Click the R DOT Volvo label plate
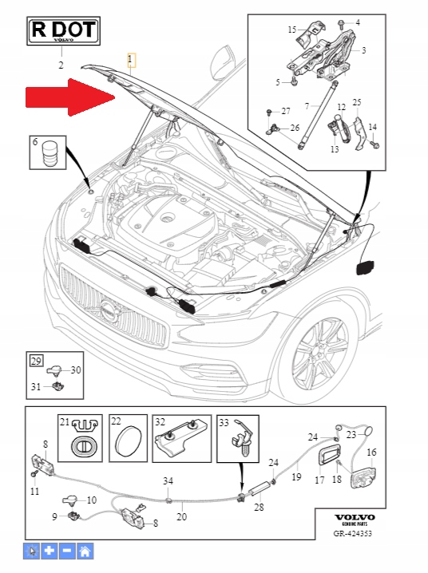(62, 32)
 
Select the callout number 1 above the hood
(131, 60)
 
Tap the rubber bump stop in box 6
(52, 152)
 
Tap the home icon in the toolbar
(85, 551)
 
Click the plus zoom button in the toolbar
(50, 551)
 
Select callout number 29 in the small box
(36, 361)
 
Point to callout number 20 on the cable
(181, 516)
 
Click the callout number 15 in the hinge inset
(291, 30)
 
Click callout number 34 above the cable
(168, 480)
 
